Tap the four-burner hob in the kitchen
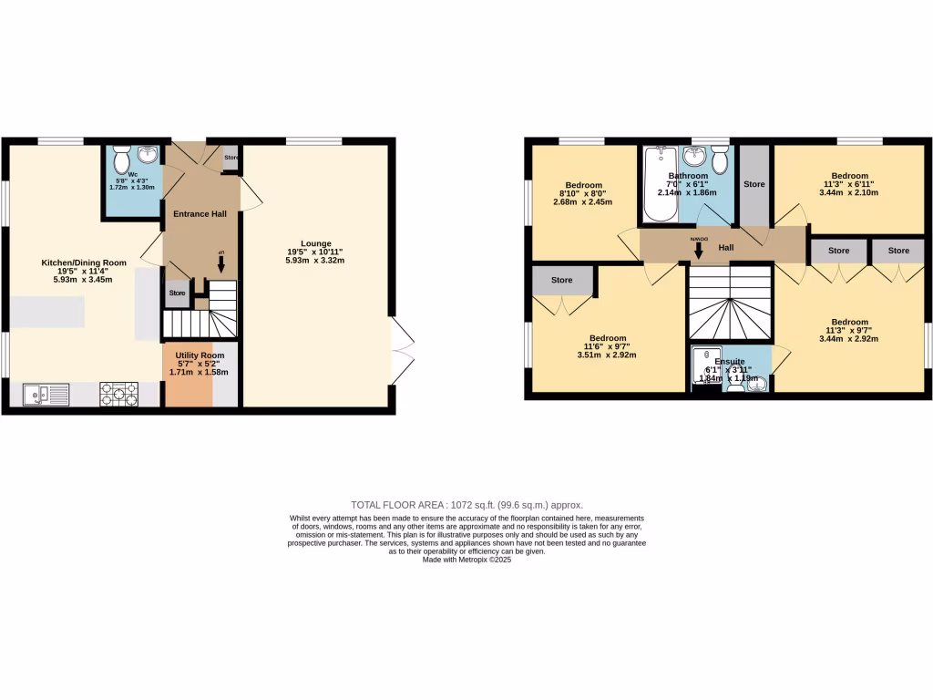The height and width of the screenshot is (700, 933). pyautogui.click(x=119, y=394)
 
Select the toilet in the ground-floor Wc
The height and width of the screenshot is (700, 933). pyautogui.click(x=122, y=161)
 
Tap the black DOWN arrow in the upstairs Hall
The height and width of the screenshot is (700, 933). pyautogui.click(x=699, y=250)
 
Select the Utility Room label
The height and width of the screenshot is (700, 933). pyautogui.click(x=200, y=355)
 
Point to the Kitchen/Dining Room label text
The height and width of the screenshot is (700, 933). pyautogui.click(x=84, y=262)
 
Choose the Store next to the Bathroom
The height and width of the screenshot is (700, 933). pyautogui.click(x=754, y=185)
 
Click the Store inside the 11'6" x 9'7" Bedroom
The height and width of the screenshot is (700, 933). pyautogui.click(x=562, y=280)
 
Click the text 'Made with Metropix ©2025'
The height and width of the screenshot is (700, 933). pyautogui.click(x=466, y=561)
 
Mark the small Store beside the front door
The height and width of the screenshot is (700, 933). pyautogui.click(x=231, y=158)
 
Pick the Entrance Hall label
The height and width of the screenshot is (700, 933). pyautogui.click(x=194, y=213)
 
